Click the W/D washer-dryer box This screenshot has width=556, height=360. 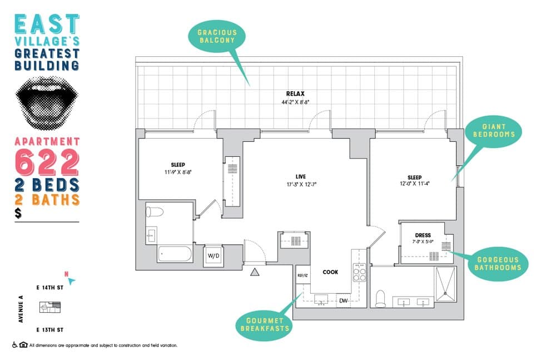click(x=214, y=255)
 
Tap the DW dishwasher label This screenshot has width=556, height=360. click(x=343, y=301)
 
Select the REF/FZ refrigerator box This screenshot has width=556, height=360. click(x=302, y=275)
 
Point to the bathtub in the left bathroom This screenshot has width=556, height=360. click(x=175, y=254)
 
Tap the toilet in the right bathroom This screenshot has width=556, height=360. click(x=381, y=298)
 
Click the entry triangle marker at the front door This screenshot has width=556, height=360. click(x=255, y=272)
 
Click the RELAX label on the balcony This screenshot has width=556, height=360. click(x=295, y=94)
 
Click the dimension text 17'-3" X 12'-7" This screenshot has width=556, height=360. click(x=301, y=184)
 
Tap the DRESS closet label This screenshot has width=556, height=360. click(x=423, y=235)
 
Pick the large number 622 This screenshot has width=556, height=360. click(x=47, y=162)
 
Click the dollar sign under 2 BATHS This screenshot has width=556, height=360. click(x=19, y=214)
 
